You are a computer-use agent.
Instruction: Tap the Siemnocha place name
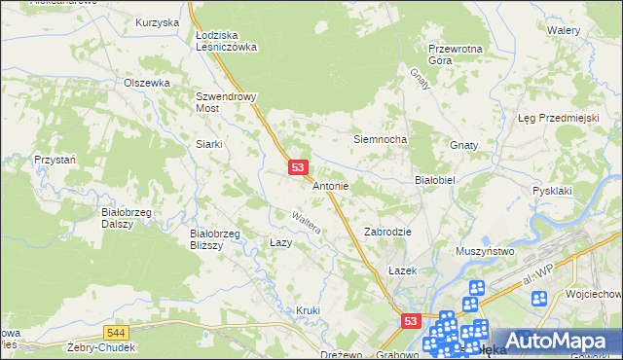tap(379, 139)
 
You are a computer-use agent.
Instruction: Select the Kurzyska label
tap(158, 21)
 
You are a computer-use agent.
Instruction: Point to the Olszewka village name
tap(147, 84)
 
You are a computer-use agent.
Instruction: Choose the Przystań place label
tap(55, 158)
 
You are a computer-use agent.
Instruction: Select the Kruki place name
tap(308, 310)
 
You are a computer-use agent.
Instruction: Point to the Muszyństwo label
tap(484, 251)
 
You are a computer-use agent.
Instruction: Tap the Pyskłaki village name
tap(551, 191)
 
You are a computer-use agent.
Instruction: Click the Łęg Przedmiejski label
tap(557, 118)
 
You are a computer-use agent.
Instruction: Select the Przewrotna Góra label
tap(456, 53)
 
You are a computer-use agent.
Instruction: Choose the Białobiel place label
tap(435, 179)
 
